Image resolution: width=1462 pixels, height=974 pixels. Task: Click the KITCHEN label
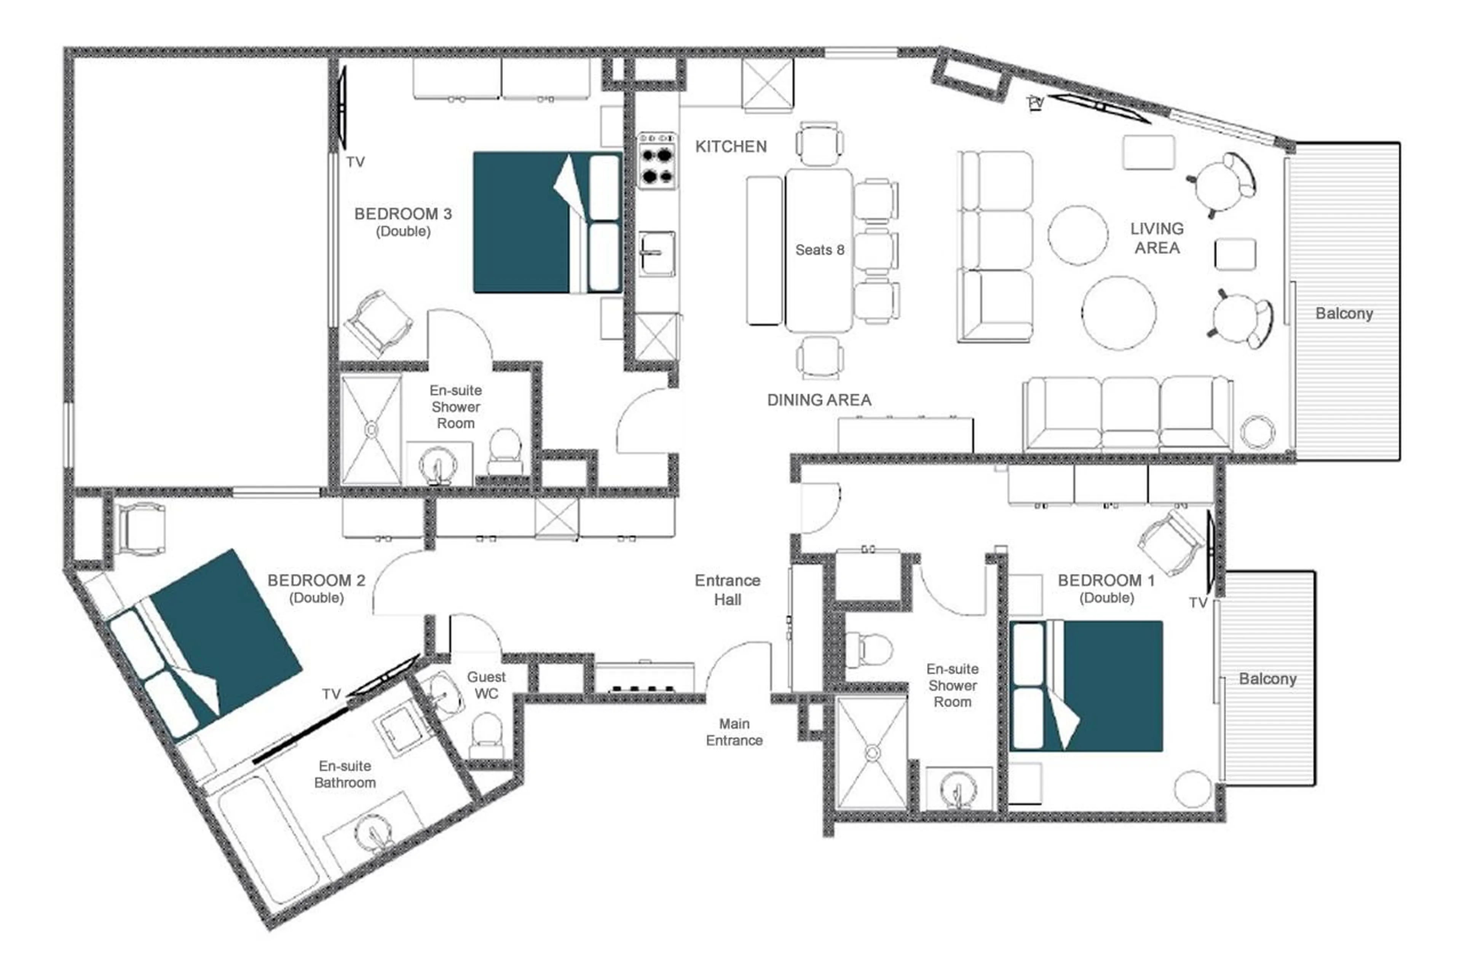730,147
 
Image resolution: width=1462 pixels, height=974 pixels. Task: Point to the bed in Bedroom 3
547,222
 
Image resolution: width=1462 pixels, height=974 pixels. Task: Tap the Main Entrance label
733,732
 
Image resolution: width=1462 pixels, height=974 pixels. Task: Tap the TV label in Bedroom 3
355,162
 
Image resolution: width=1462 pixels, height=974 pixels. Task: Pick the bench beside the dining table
764,250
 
